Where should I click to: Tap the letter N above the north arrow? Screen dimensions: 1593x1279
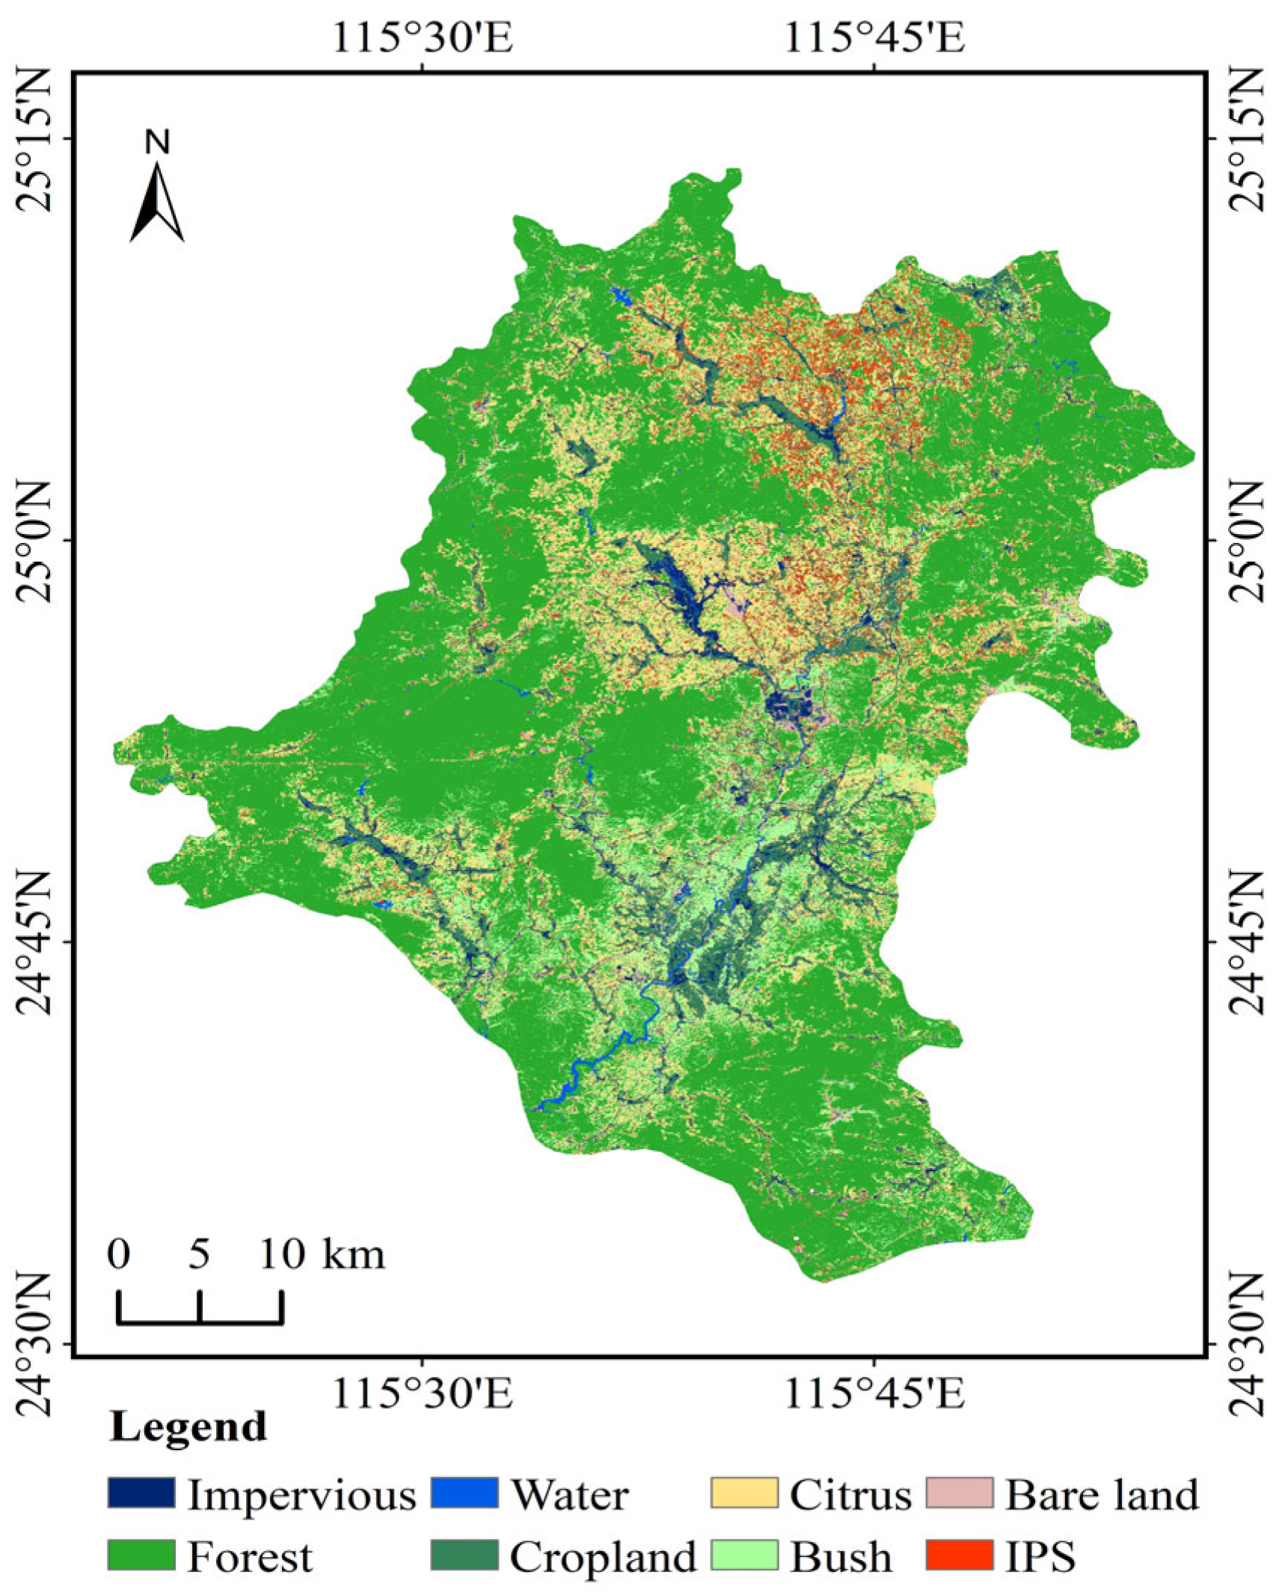157,141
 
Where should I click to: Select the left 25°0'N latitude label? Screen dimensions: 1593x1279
36,541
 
